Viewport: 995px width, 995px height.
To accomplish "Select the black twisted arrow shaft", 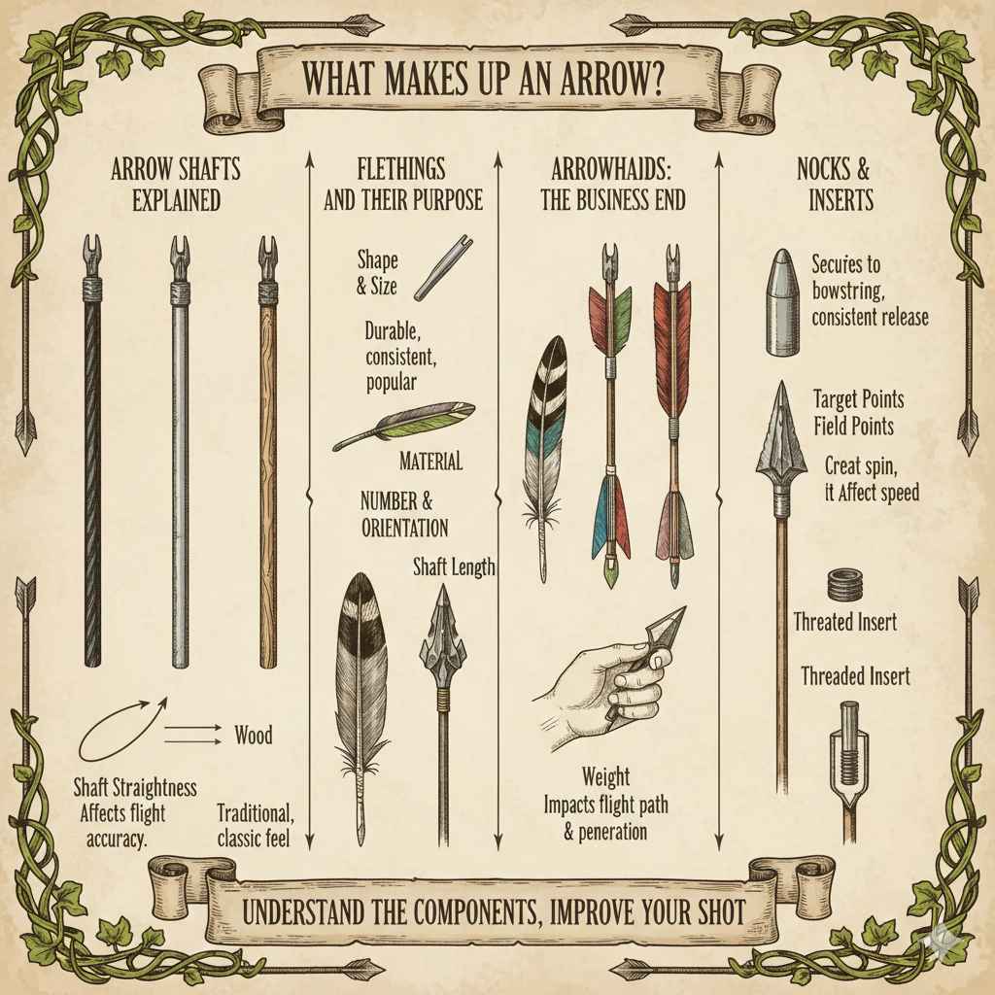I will [x=91, y=466].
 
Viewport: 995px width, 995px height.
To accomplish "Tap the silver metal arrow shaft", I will [x=180, y=466].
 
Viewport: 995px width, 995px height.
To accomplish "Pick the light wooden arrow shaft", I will [x=268, y=466].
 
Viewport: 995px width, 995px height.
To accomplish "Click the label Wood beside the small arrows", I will [x=254, y=735].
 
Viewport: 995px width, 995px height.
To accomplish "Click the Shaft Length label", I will [x=454, y=566].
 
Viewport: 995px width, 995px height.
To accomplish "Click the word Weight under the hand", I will [x=605, y=776].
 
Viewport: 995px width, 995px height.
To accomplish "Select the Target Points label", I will [x=858, y=399].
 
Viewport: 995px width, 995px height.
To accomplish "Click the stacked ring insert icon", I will [x=843, y=586].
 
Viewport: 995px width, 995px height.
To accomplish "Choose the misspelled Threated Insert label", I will [x=844, y=621].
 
